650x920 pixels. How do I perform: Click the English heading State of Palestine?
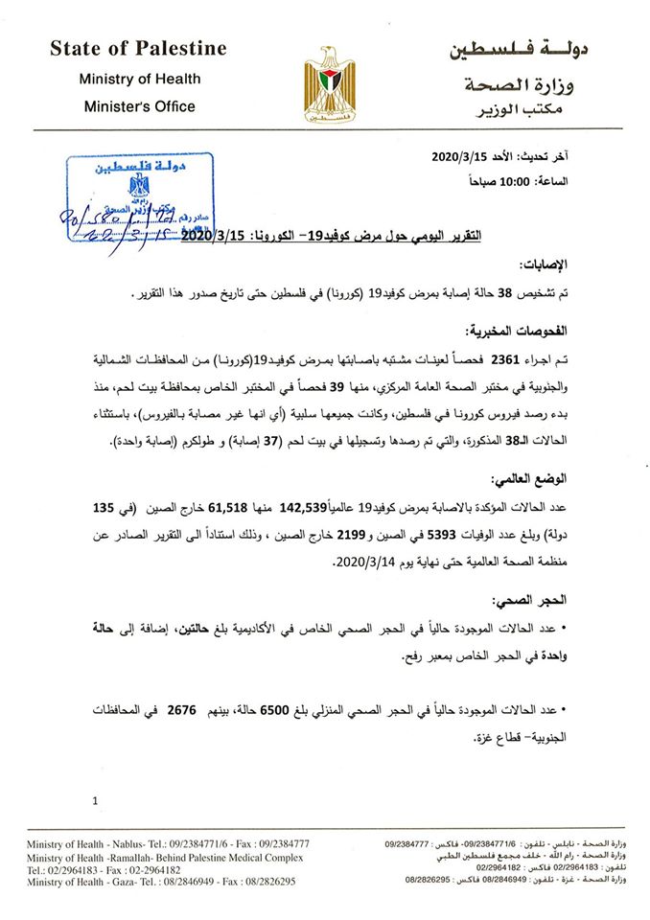point(138,48)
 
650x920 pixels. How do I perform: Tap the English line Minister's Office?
point(139,106)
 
